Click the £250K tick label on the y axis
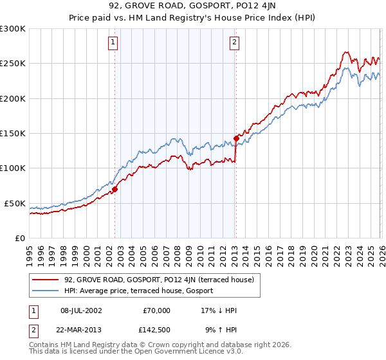[x=12, y=64]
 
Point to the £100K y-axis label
[x=12, y=168]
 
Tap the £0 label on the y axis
[x=19, y=238]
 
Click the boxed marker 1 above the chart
[x=113, y=43]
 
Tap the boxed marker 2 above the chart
[x=234, y=43]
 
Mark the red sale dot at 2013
[x=236, y=138]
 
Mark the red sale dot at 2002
[x=115, y=189]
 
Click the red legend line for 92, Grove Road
[x=46, y=280]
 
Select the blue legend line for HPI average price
[x=46, y=291]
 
